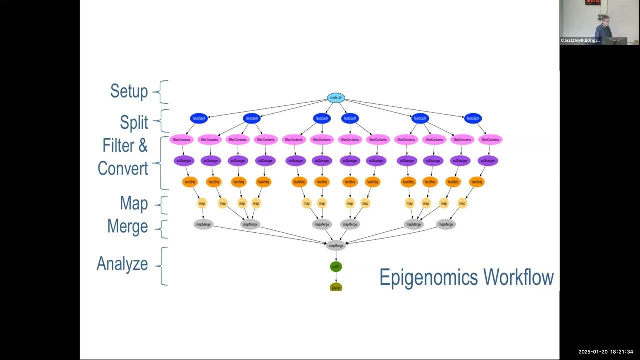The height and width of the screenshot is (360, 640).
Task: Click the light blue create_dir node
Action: (x=336, y=98)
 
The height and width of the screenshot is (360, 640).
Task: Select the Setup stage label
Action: (x=129, y=92)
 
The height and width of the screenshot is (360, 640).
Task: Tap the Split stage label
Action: (x=134, y=122)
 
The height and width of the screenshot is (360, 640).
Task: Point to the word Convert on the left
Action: (x=123, y=169)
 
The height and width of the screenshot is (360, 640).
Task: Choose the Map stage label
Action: (x=134, y=203)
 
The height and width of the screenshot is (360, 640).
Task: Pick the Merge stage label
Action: (x=127, y=226)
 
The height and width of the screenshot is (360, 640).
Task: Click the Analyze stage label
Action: (x=122, y=264)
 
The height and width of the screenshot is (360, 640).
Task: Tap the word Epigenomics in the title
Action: (x=430, y=278)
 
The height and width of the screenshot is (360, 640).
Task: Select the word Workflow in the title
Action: (x=520, y=277)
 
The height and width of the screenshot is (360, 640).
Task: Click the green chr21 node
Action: (x=336, y=267)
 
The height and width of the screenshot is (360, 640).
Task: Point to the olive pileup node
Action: (x=336, y=287)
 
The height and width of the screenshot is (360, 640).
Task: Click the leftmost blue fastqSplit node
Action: (x=199, y=119)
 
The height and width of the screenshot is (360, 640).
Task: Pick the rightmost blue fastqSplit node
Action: (x=473, y=119)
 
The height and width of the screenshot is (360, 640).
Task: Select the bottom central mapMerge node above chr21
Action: (x=336, y=245)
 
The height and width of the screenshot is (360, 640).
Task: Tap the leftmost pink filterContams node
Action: (x=181, y=140)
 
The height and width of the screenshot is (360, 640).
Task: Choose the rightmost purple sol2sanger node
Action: (x=488, y=161)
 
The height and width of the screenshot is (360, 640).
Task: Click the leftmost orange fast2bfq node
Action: (x=190, y=182)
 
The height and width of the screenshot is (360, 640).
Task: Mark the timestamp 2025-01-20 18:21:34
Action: (x=606, y=352)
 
